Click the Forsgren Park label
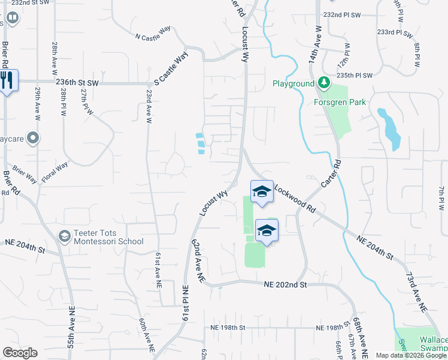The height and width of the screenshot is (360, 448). pyautogui.click(x=340, y=102)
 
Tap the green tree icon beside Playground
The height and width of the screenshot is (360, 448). pyautogui.click(x=324, y=83)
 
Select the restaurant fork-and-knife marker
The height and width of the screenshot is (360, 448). pyautogui.click(x=7, y=80)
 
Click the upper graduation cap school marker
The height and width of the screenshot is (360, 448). pyautogui.click(x=262, y=192)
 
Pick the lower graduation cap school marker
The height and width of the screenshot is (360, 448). pyautogui.click(x=267, y=230)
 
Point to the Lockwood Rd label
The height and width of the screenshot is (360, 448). pyautogui.click(x=295, y=200)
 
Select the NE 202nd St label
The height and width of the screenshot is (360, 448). pyautogui.click(x=285, y=284)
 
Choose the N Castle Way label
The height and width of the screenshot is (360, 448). pyautogui.click(x=153, y=37)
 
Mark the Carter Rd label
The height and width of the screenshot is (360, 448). pyautogui.click(x=331, y=173)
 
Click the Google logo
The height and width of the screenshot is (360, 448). pyautogui.click(x=20, y=353)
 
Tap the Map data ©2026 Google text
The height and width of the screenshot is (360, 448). pyautogui.click(x=411, y=355)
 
